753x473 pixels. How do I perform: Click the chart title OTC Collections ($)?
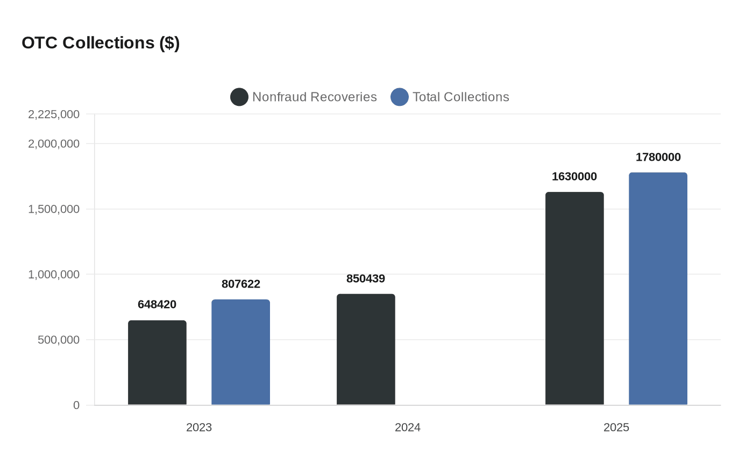[x=101, y=42]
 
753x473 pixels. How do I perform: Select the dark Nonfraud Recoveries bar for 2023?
[x=157, y=363]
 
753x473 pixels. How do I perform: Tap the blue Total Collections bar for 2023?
[x=240, y=352]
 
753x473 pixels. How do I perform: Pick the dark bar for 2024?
[x=366, y=349]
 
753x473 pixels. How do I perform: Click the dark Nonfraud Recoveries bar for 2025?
[x=574, y=298]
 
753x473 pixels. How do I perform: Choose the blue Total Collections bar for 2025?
[x=658, y=289]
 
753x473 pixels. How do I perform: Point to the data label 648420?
[x=157, y=304]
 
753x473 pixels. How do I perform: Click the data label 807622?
[x=240, y=284]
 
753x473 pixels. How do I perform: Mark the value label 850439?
[x=366, y=278]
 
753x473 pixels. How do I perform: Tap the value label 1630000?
[x=574, y=176]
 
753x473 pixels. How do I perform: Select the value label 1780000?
[x=658, y=157]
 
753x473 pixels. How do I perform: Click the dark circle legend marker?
[x=239, y=97]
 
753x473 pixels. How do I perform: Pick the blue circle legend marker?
[x=400, y=97]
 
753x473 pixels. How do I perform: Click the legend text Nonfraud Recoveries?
[x=315, y=97]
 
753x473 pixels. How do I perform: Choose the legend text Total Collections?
[x=460, y=97]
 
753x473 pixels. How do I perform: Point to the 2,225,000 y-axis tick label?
[x=54, y=114]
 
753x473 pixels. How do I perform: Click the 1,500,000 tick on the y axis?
[x=54, y=209]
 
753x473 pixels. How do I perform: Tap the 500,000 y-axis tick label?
[x=59, y=340]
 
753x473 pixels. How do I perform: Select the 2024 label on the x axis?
[x=408, y=427]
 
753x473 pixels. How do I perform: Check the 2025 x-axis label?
[x=616, y=427]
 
